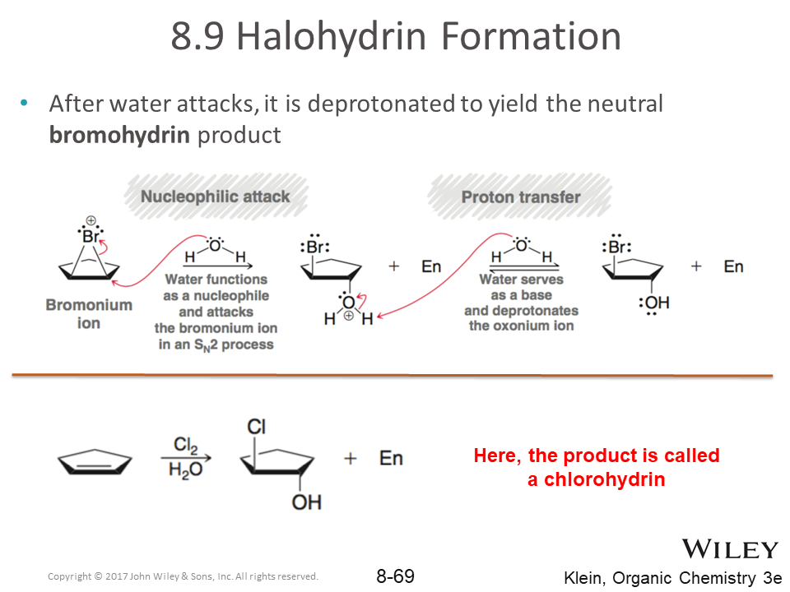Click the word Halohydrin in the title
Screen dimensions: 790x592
pos(332,37)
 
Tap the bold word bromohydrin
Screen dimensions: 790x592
pos(119,135)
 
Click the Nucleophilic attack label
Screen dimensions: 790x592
pos(215,197)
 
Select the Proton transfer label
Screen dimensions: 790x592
pos(521,197)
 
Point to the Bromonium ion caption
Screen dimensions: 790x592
pos(89,313)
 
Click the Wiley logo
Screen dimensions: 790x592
pos(730,548)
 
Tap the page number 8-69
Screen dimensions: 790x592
pos(396,576)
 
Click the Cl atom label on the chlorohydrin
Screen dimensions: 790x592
pos(257,427)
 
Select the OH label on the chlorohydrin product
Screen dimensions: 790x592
pos(306,502)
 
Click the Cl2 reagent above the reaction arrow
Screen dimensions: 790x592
pos(185,445)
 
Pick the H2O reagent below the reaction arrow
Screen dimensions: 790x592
pos(185,470)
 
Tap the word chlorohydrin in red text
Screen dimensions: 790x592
pos(604,479)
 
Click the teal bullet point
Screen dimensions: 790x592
pos(24,104)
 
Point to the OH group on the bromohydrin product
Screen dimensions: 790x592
pos(654,303)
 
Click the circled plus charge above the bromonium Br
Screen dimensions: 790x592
pos(91,220)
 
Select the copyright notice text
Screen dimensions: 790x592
pos(183,576)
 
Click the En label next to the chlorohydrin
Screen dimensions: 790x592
pos(391,458)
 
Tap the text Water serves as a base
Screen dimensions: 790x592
pos(522,287)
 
